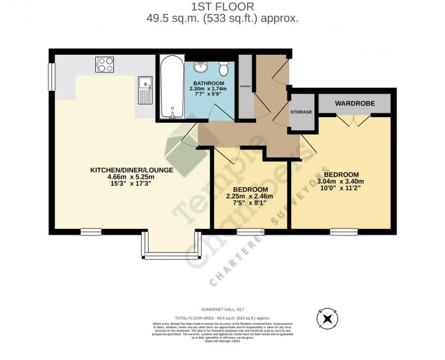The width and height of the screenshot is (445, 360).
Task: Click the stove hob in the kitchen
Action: pos(104,64)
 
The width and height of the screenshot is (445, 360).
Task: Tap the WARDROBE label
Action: pos(355,103)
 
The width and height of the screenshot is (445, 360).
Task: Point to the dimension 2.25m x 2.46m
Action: pos(250,197)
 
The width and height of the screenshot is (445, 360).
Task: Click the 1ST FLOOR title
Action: pos(222,7)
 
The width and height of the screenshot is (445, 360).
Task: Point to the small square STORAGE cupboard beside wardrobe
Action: pos(301,112)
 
